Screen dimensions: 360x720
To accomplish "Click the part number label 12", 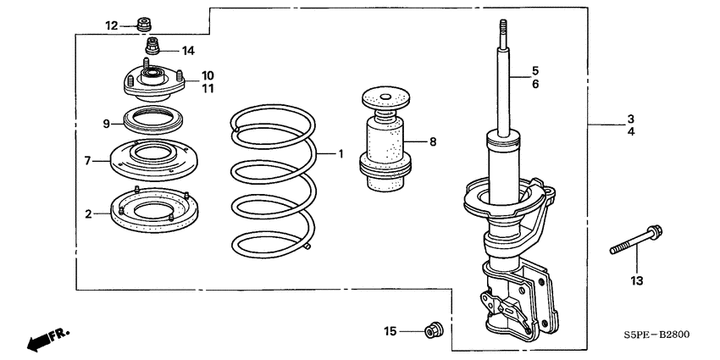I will [112, 25].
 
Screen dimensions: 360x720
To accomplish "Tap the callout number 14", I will [187, 50].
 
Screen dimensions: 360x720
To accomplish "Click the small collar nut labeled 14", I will [153, 45].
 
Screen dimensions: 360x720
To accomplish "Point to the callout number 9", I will [107, 125].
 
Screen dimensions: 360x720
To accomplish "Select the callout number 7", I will [87, 160].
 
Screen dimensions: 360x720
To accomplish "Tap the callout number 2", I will [87, 214].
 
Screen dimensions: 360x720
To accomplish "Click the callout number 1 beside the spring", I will [341, 154].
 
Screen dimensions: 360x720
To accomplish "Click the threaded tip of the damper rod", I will [502, 29].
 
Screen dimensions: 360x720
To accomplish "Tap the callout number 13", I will [637, 280].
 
